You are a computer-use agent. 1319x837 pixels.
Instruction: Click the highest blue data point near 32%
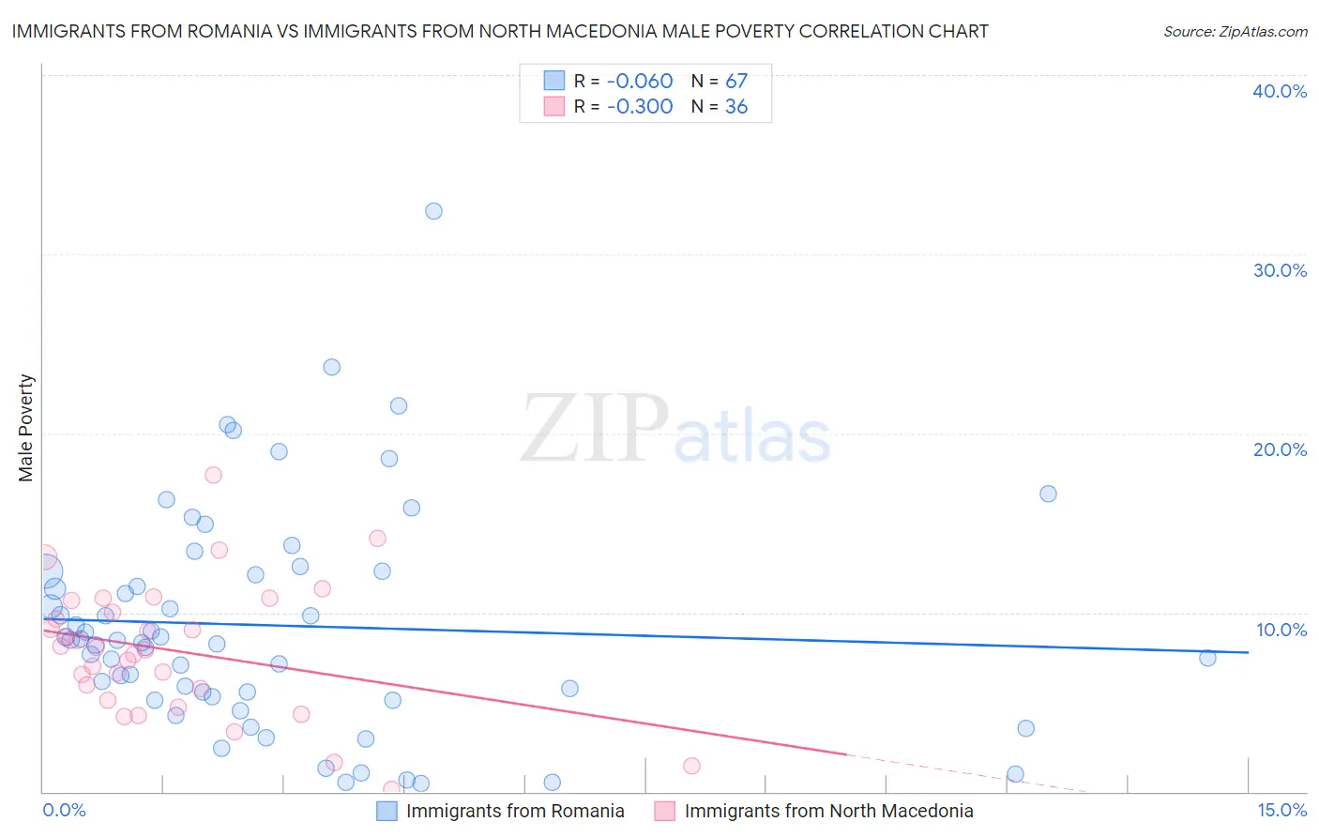[x=433, y=211]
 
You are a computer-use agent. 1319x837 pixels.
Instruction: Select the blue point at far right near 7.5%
[x=1207, y=658]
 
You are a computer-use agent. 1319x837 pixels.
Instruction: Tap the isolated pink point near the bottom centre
[x=691, y=766]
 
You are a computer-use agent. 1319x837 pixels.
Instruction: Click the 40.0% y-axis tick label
[x=1280, y=91]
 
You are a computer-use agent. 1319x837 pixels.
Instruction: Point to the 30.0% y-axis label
[x=1280, y=270]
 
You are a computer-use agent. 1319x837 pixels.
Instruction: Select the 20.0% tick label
[x=1280, y=449]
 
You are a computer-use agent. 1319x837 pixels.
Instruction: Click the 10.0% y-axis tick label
[x=1281, y=630]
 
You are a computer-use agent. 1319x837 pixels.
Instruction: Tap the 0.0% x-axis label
[x=64, y=810]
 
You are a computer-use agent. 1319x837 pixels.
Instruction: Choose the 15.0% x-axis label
[x=1281, y=810]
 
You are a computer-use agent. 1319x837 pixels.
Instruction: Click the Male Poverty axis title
[x=26, y=428]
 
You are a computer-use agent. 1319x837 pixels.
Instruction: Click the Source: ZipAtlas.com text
[x=1235, y=32]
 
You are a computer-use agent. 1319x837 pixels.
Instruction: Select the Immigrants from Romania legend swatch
[x=387, y=811]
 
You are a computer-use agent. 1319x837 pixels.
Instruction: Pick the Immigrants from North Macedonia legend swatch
[x=665, y=811]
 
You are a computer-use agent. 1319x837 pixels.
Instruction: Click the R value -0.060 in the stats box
[x=640, y=82]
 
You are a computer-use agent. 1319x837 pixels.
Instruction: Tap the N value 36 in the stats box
[x=736, y=107]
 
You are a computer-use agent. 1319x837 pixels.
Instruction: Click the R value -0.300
[x=640, y=107]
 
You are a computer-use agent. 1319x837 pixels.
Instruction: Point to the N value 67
[x=736, y=82]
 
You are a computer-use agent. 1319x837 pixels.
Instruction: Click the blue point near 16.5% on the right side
[x=1048, y=494]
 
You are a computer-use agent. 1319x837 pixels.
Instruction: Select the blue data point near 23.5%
[x=331, y=367]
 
